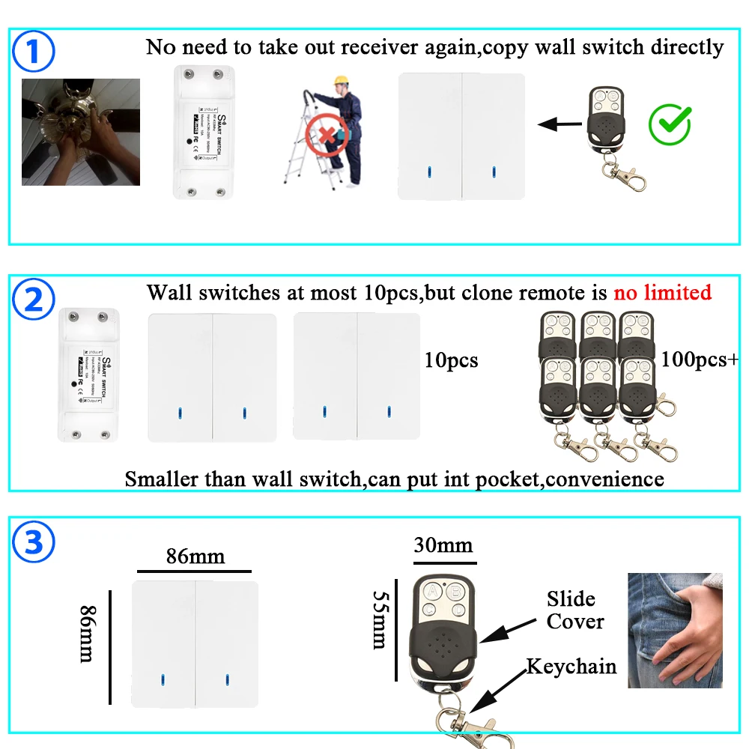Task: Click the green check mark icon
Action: (669, 125)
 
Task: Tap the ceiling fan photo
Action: (80, 132)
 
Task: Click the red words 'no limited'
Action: (662, 291)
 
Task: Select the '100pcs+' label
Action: (699, 360)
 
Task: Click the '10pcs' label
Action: (451, 361)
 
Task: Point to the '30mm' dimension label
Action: (443, 545)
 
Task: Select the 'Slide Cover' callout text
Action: (574, 610)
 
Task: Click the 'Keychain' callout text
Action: (571, 667)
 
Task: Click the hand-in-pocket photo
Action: (675, 630)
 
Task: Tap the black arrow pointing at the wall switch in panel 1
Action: (560, 124)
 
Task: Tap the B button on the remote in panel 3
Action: (453, 592)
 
